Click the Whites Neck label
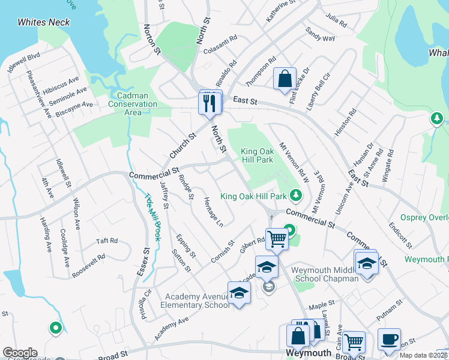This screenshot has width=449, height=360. coord(44,22)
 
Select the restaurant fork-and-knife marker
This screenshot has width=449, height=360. coord(210,103)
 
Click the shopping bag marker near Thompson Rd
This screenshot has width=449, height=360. coord(285,80)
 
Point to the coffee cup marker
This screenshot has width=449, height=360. coord(389,340)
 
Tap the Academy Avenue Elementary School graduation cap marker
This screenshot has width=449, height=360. coord(239,293)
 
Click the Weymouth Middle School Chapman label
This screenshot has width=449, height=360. coord(325,274)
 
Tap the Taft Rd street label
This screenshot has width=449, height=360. coord(107,241)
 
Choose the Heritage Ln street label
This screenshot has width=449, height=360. coord(214,212)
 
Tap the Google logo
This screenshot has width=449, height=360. coord(19,353)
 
